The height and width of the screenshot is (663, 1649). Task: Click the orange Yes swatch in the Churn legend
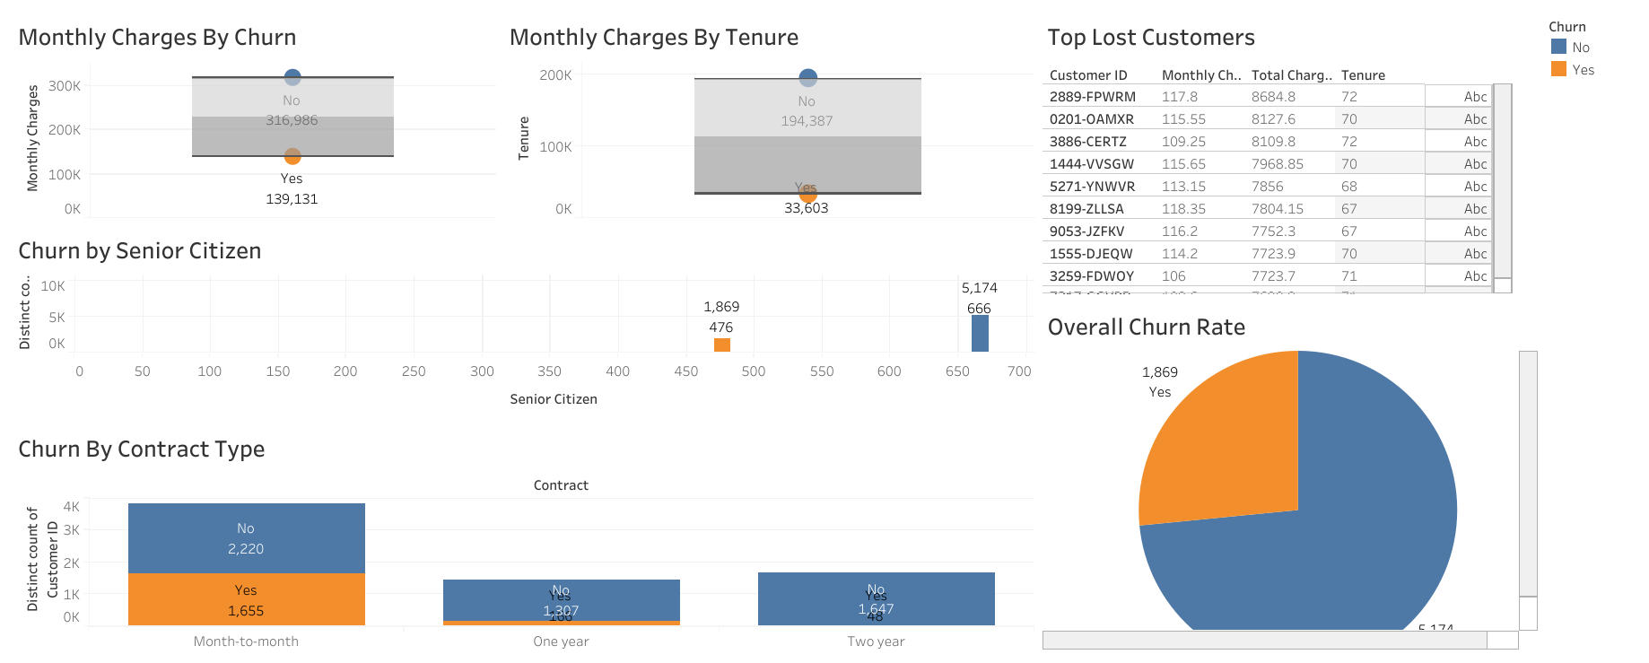point(1558,69)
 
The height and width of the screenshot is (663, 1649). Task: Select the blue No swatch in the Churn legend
point(1558,47)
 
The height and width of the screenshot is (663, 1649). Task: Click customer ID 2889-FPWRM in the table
point(1092,97)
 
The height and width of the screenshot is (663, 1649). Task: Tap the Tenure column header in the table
point(1363,75)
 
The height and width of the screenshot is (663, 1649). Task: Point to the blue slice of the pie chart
point(1346,538)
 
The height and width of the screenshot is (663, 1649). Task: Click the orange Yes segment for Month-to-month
point(246,599)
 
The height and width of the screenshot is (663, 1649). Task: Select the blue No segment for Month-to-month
point(246,538)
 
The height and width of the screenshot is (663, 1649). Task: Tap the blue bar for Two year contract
point(876,598)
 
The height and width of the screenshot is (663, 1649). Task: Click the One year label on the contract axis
point(561,641)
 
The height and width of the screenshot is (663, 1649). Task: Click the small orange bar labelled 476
point(721,345)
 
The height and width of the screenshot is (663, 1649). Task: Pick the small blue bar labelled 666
point(980,334)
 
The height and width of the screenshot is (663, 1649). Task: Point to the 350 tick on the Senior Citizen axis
point(549,371)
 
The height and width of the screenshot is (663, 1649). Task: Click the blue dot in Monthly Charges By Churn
point(292,77)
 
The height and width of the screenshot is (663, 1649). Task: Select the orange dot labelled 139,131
point(292,156)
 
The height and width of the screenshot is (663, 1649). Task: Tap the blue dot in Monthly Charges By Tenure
point(807,78)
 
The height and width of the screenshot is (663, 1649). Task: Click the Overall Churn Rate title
point(1146,327)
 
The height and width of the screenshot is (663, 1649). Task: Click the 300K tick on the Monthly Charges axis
point(65,86)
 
